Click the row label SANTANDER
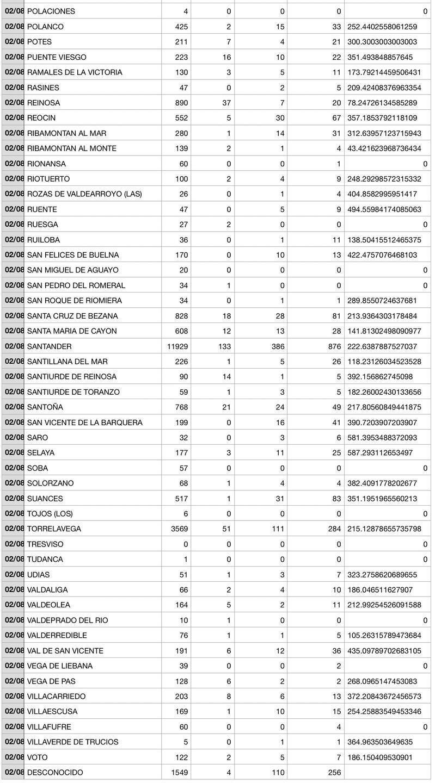(49, 346)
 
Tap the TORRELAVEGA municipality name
(54, 529)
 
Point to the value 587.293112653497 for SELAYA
(383, 453)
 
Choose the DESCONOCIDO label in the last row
(55, 773)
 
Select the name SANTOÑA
(45, 407)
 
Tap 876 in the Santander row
(331, 346)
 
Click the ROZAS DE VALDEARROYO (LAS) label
(84, 194)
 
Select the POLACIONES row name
(51, 11)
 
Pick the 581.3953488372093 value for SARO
(383, 438)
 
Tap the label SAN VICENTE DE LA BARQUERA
(84, 422)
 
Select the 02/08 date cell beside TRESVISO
(14, 544)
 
